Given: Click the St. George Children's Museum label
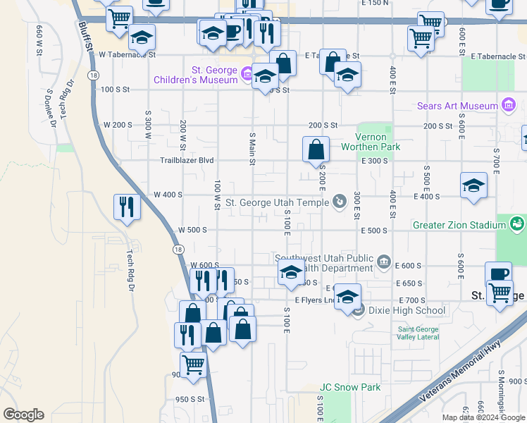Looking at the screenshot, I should (x=196, y=75).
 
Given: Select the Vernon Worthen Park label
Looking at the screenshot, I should (x=370, y=142).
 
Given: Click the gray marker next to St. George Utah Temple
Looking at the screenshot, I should (x=340, y=202).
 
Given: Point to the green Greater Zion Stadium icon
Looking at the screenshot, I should (x=518, y=225).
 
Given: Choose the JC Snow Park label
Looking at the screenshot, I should (x=350, y=387).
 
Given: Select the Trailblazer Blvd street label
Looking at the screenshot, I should (x=186, y=160).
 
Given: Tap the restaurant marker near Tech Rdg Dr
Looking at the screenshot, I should (x=126, y=207).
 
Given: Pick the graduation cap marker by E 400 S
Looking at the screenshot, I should (x=473, y=186).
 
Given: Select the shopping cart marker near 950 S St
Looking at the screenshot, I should (x=192, y=364).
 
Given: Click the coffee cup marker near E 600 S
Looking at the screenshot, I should (x=498, y=274).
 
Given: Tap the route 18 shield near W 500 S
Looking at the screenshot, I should (x=176, y=250).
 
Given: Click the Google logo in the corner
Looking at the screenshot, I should (x=23, y=415).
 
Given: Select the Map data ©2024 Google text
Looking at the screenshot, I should (x=483, y=417).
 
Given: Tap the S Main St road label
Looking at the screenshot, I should (x=252, y=148).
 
